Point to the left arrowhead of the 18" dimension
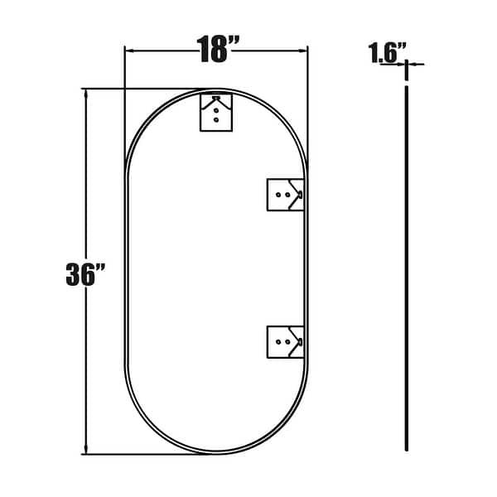[128, 50]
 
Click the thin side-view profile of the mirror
[407, 265]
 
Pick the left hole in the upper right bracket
[279, 195]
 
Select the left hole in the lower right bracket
[279, 340]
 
